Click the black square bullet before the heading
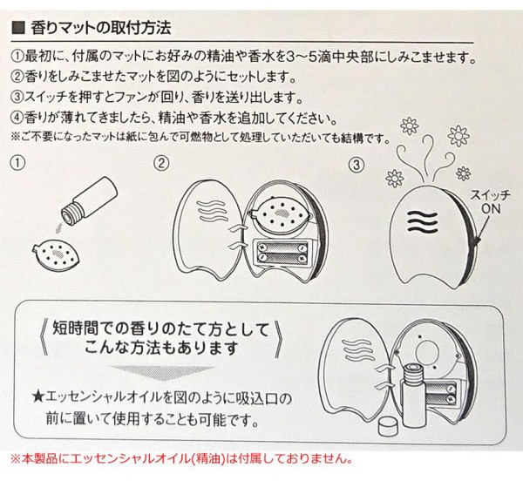(x=18, y=28)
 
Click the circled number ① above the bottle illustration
(x=17, y=163)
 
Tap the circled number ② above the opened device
(x=162, y=163)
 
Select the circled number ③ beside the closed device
(x=357, y=165)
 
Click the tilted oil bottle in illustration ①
(x=90, y=200)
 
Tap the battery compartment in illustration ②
(x=282, y=253)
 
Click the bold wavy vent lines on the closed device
(x=422, y=222)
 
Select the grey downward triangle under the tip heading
(x=164, y=373)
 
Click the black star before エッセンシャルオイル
(x=38, y=397)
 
